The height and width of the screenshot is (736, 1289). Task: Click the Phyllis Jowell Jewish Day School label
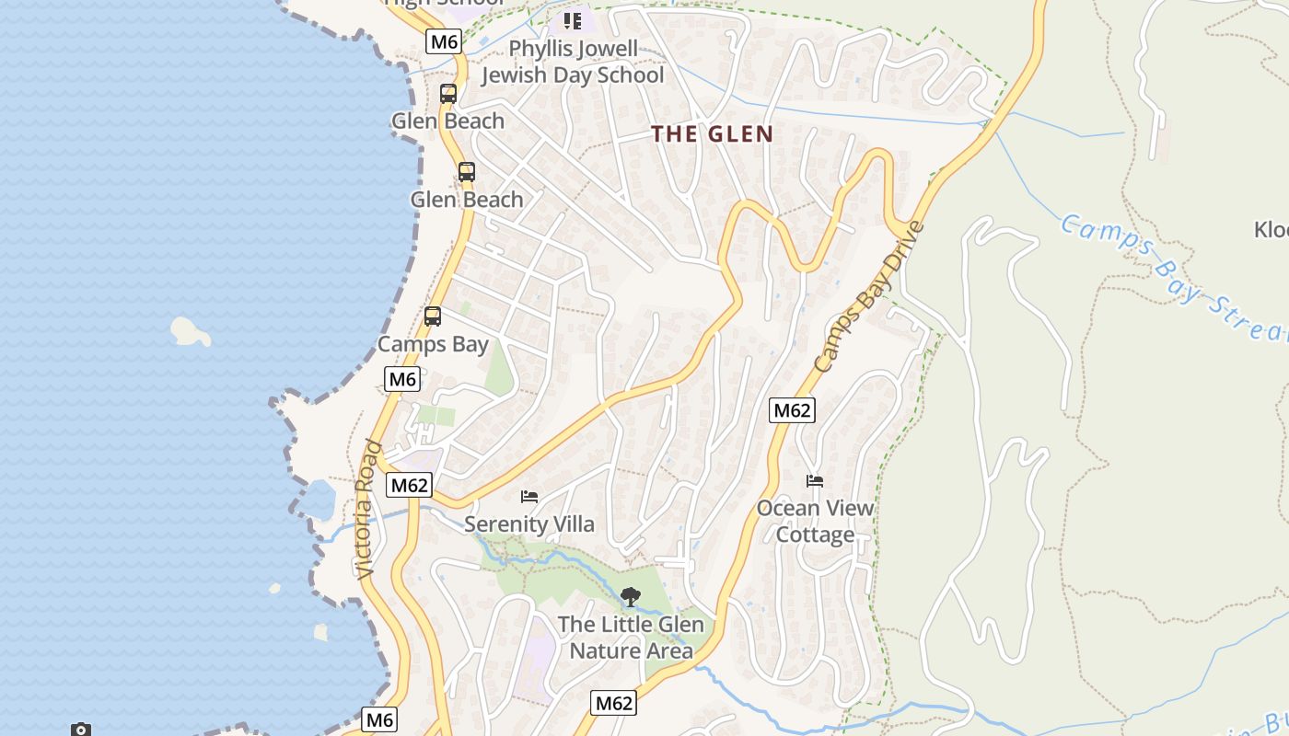click(572, 62)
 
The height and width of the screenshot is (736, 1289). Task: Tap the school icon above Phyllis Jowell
click(573, 20)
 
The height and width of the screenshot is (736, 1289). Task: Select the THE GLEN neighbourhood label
click(713, 134)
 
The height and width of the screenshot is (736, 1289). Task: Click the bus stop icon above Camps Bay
click(433, 316)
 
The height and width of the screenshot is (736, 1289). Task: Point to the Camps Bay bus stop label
click(433, 344)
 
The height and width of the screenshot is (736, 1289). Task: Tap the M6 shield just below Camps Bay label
click(402, 379)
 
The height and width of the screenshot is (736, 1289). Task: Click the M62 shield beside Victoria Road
click(409, 486)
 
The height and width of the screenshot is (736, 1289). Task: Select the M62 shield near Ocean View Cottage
click(792, 410)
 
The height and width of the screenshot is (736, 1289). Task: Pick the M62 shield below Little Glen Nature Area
click(614, 704)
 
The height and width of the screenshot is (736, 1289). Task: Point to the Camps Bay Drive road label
click(868, 296)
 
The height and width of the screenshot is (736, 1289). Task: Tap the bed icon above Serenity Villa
click(529, 497)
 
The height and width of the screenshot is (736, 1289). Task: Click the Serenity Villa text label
click(529, 524)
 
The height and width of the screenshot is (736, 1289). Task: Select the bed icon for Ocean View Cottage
click(815, 480)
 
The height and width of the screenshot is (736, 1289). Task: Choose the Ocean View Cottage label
click(815, 521)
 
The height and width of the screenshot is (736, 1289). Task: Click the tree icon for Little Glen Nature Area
click(630, 597)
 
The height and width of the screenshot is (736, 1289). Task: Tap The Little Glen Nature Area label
click(631, 637)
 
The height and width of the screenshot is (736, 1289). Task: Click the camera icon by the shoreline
click(81, 730)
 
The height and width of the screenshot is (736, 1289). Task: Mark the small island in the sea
click(191, 331)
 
